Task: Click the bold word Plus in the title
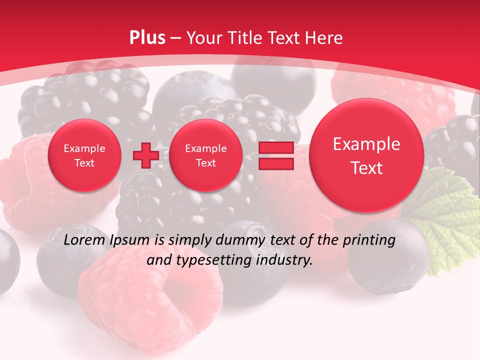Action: [147, 38]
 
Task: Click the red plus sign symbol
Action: [145, 155]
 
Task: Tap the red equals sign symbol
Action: [275, 155]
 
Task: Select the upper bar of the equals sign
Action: [275, 147]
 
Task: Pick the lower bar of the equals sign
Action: [275, 164]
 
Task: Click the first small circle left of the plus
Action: [84, 155]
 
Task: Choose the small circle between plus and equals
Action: [205, 155]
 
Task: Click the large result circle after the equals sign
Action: [366, 155]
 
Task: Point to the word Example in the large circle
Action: [366, 144]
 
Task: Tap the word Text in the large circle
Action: [366, 168]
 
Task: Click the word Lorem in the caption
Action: [82, 240]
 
